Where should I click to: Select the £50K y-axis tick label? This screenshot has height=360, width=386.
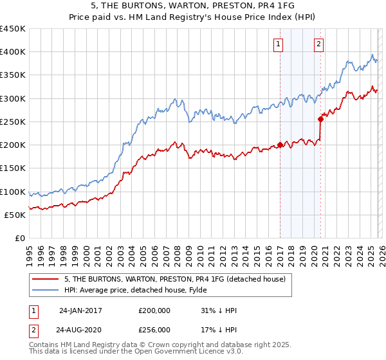(x=15, y=215)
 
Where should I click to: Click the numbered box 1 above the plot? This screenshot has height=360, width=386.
(x=279, y=44)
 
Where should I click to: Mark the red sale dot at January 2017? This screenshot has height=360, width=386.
(x=280, y=145)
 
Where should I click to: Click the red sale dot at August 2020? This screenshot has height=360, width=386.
(x=320, y=118)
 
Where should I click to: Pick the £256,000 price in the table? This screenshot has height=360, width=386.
(x=154, y=330)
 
